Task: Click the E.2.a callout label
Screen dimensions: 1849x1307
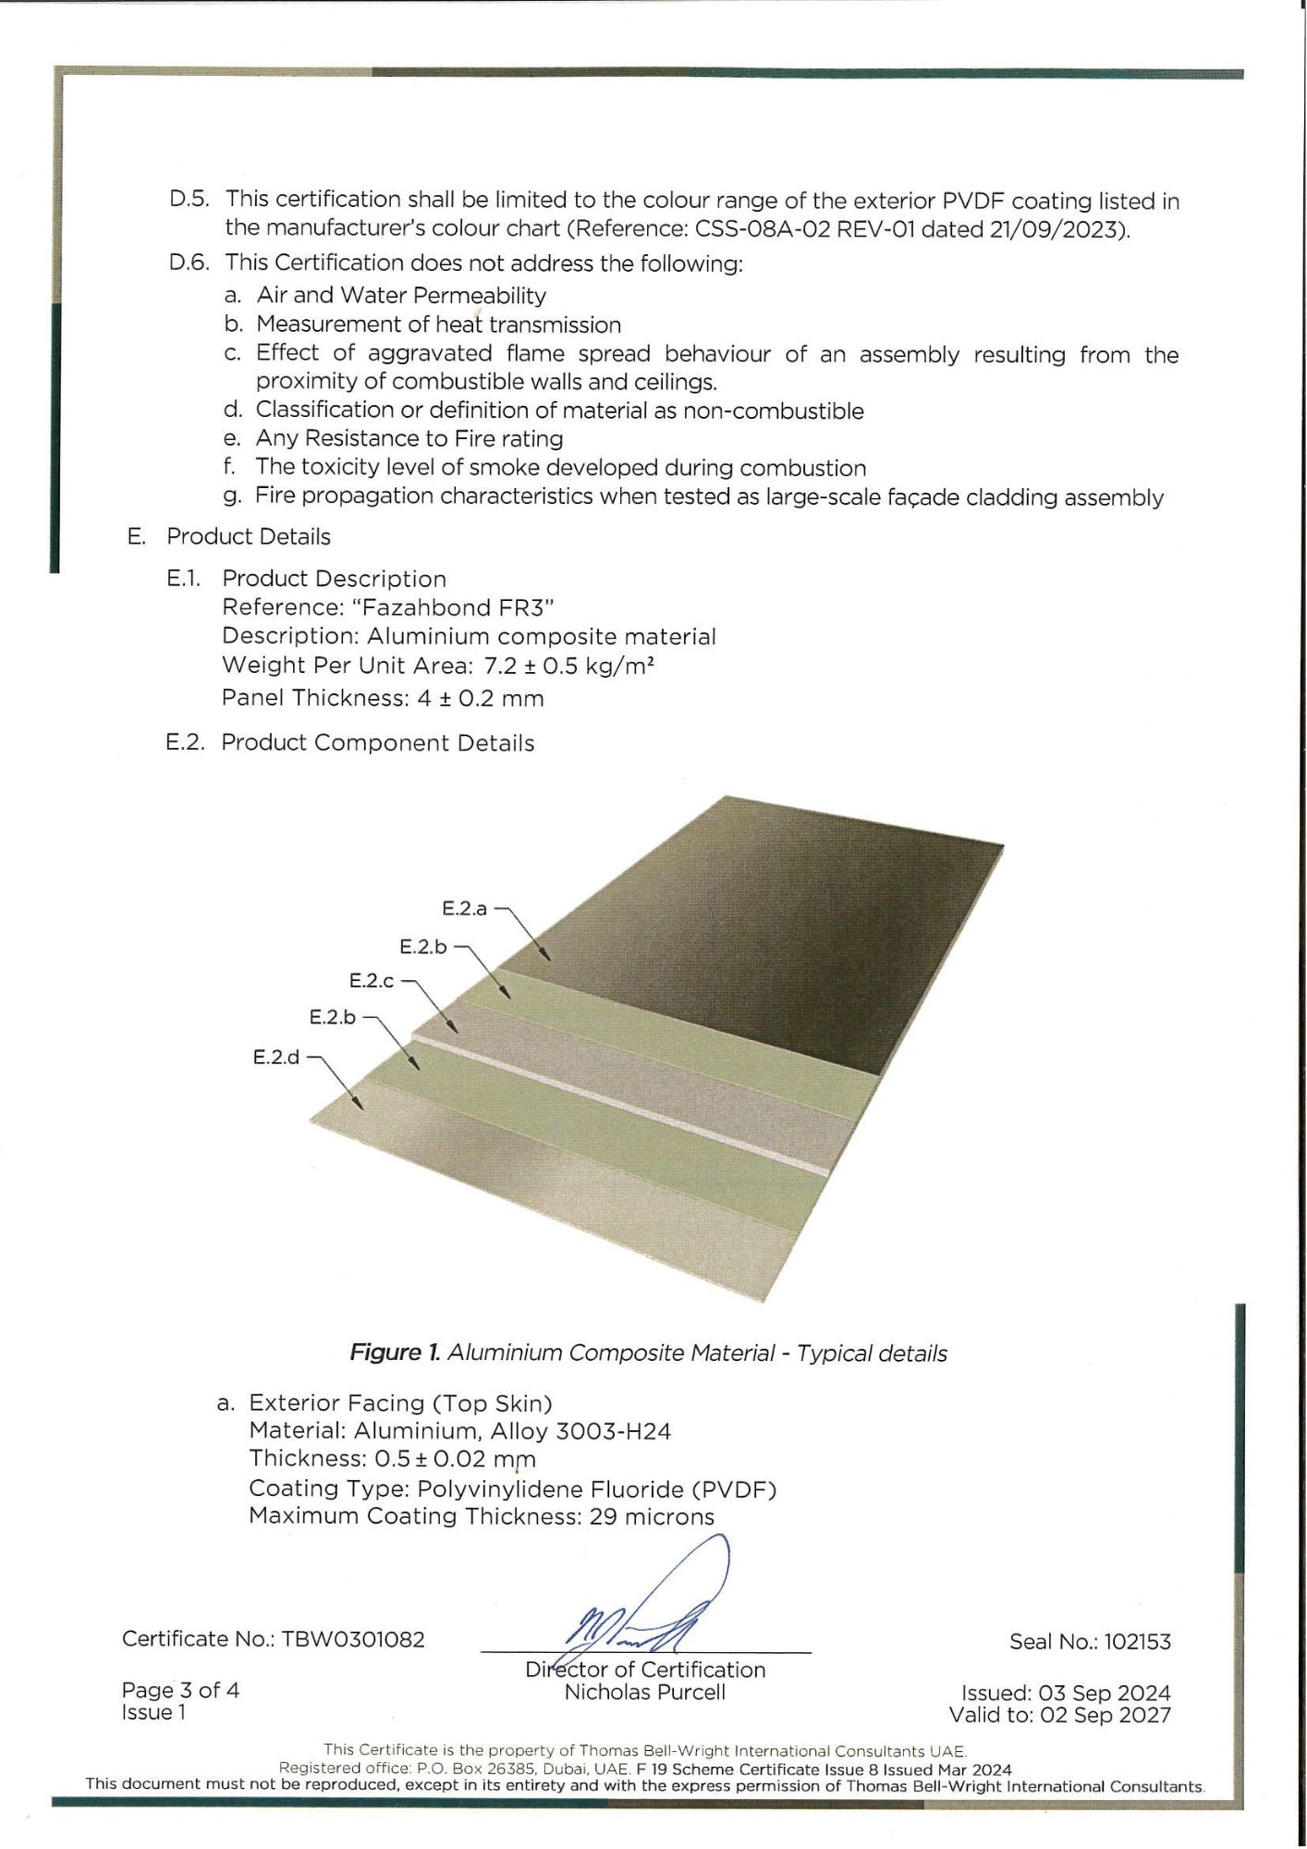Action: tap(464, 909)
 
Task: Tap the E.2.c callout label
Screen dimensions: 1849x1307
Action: tap(372, 981)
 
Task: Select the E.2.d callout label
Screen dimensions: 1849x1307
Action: tap(276, 1057)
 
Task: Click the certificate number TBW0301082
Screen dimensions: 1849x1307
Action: tap(353, 1639)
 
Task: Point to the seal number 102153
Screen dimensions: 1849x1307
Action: tap(1137, 1642)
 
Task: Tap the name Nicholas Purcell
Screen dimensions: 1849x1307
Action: tap(645, 1693)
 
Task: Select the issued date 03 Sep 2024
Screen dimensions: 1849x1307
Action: tap(1105, 1694)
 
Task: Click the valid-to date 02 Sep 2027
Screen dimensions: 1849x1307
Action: tap(1105, 1716)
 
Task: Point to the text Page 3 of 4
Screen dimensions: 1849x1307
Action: tap(180, 1691)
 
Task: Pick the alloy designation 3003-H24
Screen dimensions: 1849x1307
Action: tap(613, 1432)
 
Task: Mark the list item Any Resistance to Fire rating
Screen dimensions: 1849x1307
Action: tap(409, 438)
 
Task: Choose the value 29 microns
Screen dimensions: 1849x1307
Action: tap(652, 1517)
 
